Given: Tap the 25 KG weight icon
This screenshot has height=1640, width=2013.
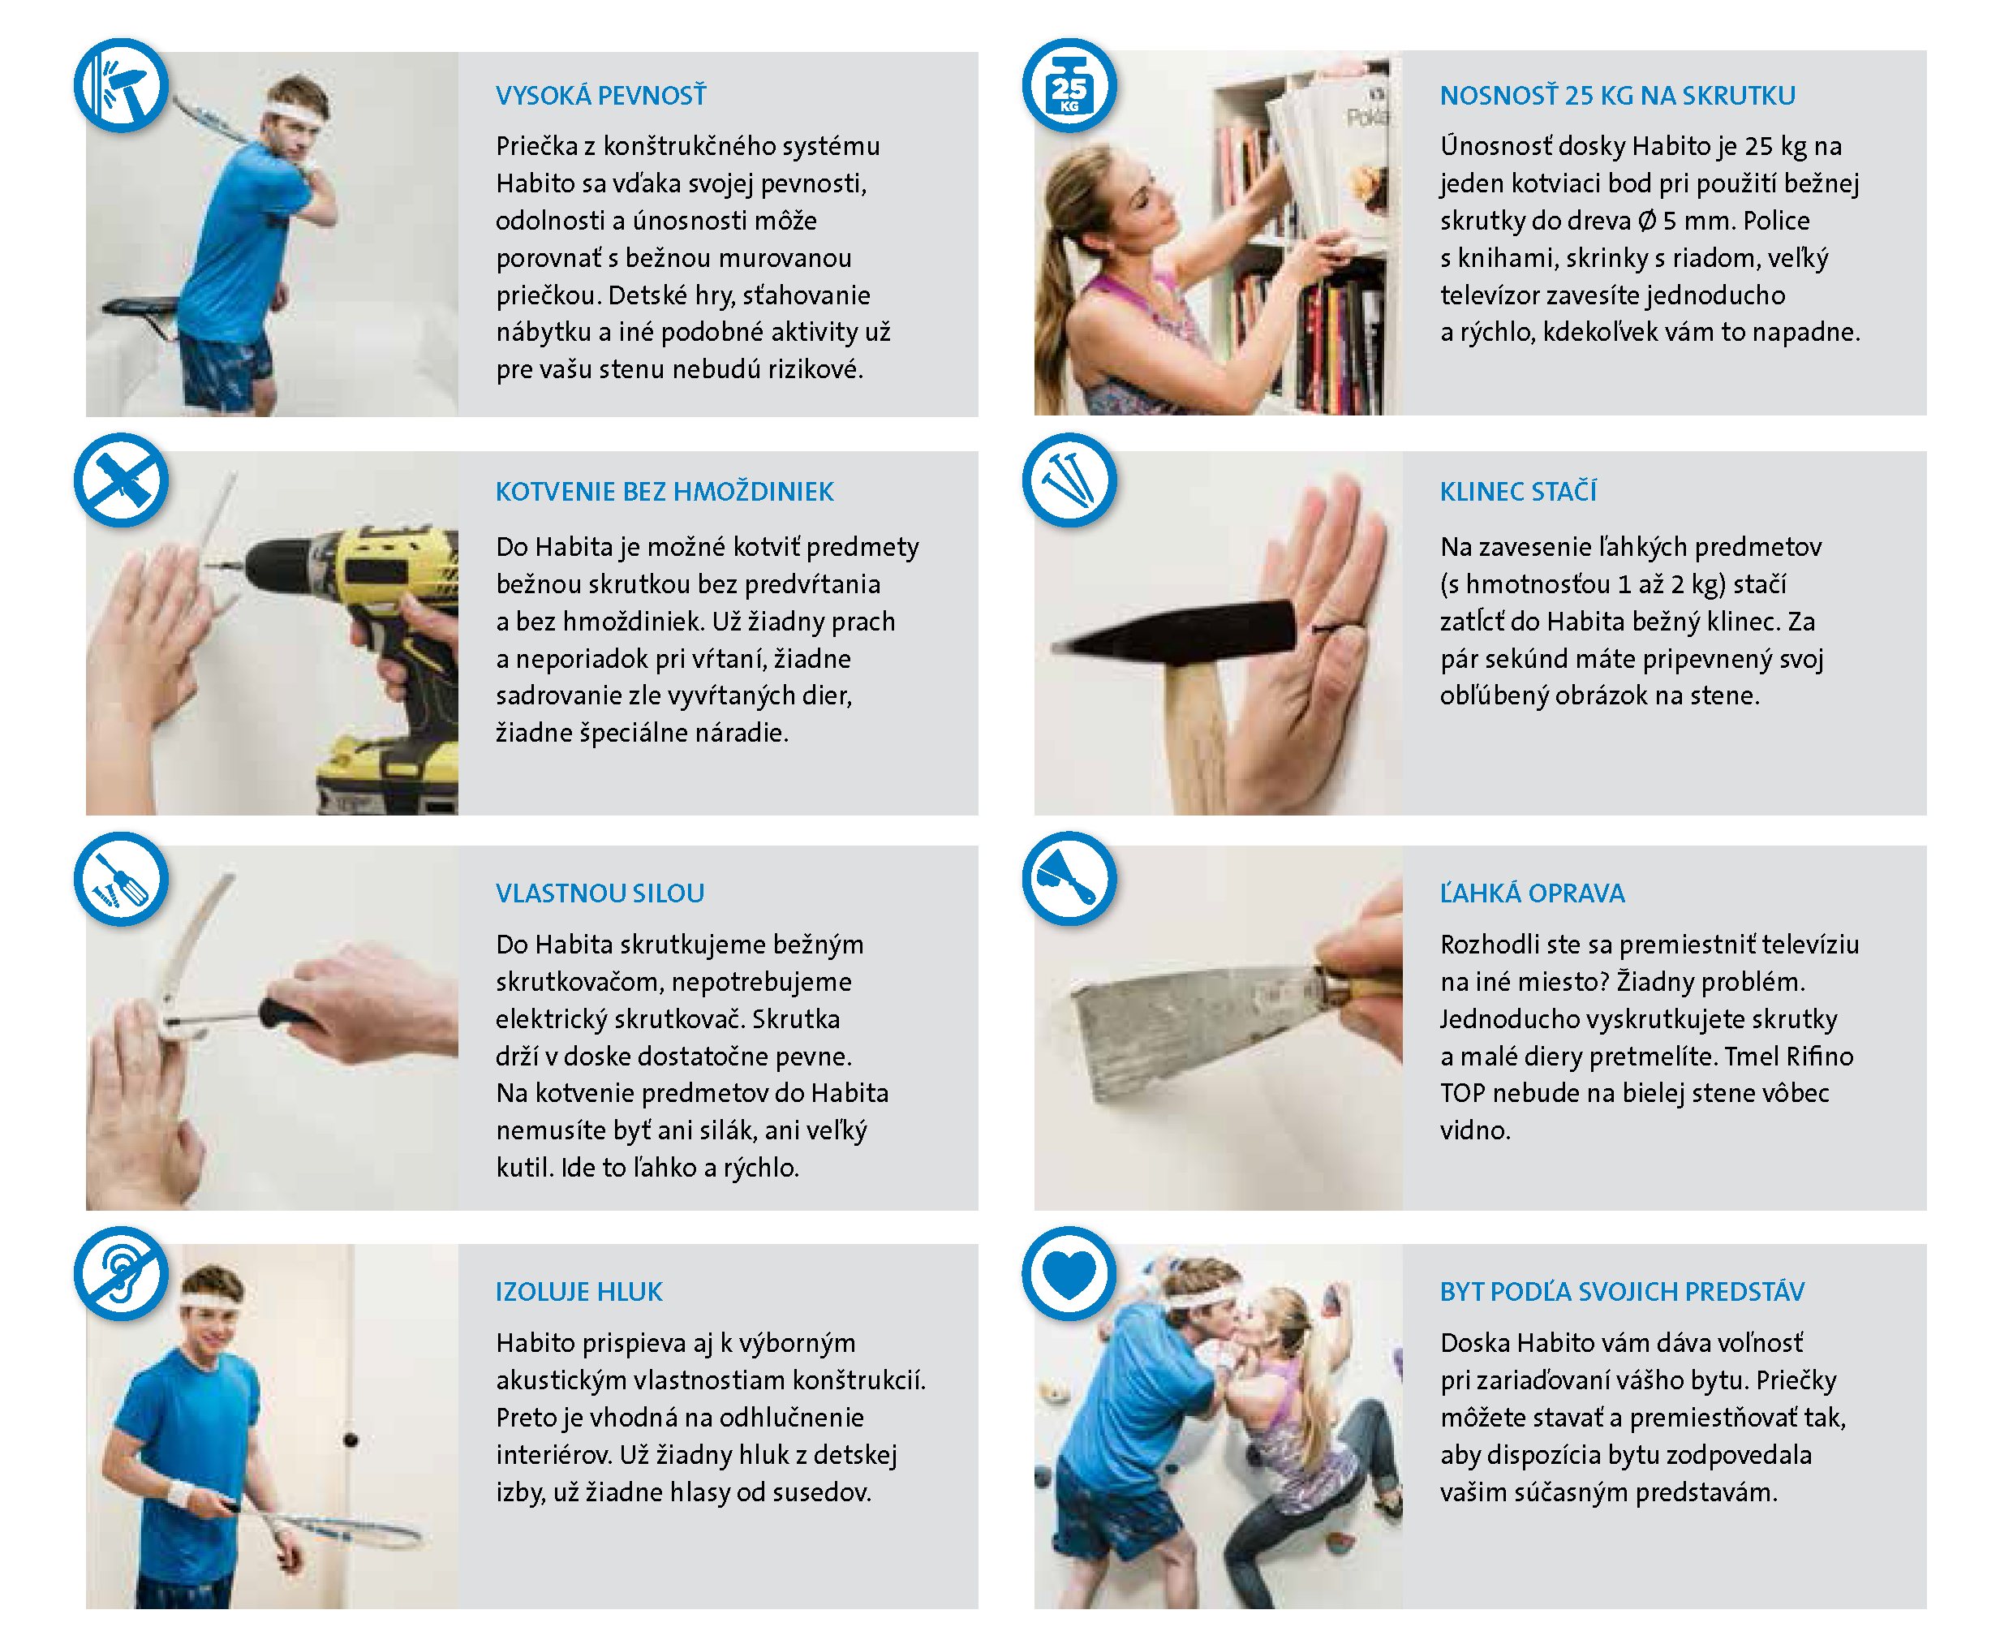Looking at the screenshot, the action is pyautogui.click(x=1069, y=86).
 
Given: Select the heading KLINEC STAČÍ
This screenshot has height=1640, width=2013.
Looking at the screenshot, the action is pyautogui.click(x=1518, y=490).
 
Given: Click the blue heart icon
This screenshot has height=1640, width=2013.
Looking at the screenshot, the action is pyautogui.click(x=1069, y=1274).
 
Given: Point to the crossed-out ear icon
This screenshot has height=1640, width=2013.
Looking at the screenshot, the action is pyautogui.click(x=122, y=1274).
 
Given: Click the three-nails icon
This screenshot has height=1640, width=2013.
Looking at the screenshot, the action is pyautogui.click(x=1069, y=481).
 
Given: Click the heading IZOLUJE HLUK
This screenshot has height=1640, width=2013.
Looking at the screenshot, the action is pyautogui.click(x=579, y=1291).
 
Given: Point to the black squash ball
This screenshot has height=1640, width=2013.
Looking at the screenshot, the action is pyautogui.click(x=351, y=1440).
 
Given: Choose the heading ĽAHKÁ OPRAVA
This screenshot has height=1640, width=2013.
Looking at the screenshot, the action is pyautogui.click(x=1532, y=893).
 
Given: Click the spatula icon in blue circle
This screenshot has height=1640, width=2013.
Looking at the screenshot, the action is pyautogui.click(x=1069, y=880).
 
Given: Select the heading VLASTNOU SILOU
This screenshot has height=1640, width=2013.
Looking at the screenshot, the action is pyautogui.click(x=600, y=893).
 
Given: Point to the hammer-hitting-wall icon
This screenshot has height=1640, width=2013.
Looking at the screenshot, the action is pyautogui.click(x=122, y=86).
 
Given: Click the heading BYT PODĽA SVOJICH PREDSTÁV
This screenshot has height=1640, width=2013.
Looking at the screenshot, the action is pyautogui.click(x=1622, y=1291).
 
